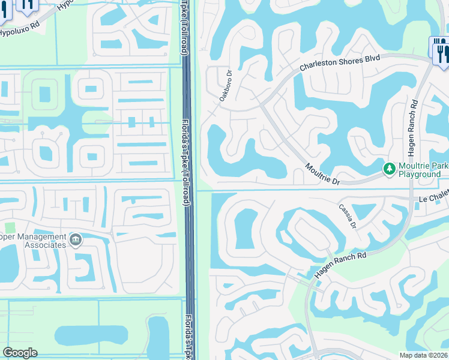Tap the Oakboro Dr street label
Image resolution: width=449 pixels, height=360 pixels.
[x=226, y=86]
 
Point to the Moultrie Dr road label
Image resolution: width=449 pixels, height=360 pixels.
[x=322, y=173]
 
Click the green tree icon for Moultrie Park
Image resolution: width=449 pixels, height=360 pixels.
[x=389, y=169]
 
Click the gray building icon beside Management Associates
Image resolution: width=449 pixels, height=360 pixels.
[x=76, y=241]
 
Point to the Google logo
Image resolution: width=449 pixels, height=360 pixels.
[x=20, y=353]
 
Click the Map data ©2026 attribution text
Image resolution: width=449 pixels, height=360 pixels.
[x=423, y=355]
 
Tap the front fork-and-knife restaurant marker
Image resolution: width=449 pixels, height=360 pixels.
[x=442, y=53]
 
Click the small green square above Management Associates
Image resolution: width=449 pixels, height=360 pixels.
[x=10, y=228]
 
